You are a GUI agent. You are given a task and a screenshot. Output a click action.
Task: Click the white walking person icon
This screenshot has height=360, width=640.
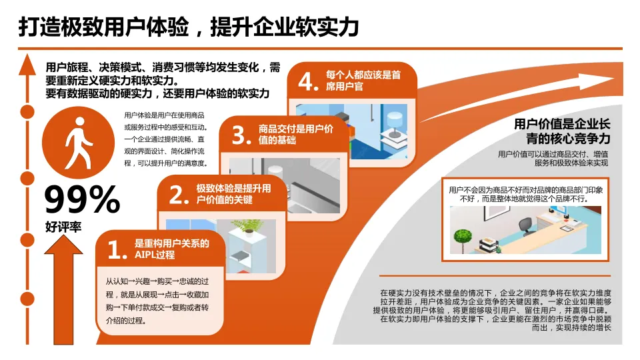pos(79,143)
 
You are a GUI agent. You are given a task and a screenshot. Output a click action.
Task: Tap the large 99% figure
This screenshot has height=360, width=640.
pos(81,199)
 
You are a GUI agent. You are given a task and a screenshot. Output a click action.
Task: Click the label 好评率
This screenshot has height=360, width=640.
pos(63,227)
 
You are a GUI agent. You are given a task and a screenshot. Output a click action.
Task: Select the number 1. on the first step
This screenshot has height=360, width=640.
pos(117,249)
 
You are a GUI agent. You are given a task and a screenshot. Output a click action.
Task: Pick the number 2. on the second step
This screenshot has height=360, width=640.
pos(179,195)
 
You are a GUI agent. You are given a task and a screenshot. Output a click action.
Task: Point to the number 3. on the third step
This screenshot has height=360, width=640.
pos(241,135)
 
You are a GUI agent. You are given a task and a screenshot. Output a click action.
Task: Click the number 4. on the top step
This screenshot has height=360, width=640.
pos(308,81)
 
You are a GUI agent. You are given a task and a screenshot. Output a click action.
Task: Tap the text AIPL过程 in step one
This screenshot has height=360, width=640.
pos(155,255)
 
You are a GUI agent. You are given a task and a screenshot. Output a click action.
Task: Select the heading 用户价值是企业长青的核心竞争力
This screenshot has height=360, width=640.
pos(562,131)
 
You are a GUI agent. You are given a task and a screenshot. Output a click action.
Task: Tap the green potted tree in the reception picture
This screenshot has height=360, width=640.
pos(463,239)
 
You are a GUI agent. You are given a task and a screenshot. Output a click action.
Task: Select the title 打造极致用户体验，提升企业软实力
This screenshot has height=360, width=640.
pos(189,27)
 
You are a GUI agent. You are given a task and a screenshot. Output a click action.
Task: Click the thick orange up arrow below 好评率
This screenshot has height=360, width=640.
pos(64,290)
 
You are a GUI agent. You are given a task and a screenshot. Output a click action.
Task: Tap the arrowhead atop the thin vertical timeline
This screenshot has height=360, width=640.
pos(27,65)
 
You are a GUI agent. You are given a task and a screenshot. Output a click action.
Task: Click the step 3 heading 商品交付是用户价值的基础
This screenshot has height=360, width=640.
pos(295,135)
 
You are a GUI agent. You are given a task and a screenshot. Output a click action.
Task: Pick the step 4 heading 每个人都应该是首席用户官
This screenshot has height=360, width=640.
pos(363,81)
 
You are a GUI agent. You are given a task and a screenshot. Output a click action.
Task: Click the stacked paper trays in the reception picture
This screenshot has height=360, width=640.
pos(488,245)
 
